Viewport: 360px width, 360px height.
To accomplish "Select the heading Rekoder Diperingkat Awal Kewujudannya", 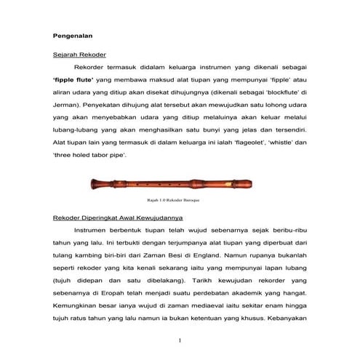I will point(119,217).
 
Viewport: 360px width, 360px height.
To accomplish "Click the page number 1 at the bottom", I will point(179,340).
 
